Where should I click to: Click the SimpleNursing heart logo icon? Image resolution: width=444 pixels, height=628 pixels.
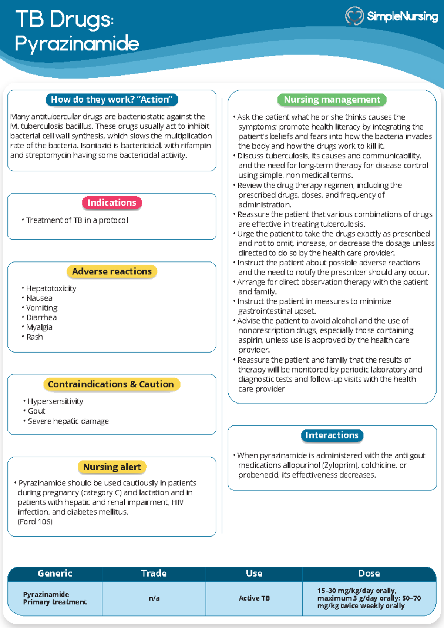[x=354, y=16]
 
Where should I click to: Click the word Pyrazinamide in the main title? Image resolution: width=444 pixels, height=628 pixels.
[x=77, y=44]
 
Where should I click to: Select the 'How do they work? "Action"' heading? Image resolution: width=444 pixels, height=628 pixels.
[x=112, y=100]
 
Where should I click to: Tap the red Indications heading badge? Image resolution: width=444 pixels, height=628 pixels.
[x=112, y=203]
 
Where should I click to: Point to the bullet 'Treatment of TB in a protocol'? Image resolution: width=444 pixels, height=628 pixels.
[x=77, y=220]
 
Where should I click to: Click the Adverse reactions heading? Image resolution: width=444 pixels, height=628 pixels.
[x=112, y=271]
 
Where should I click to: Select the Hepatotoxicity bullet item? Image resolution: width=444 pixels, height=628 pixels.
[x=51, y=288]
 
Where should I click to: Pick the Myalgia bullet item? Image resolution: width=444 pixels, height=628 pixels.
[x=39, y=327]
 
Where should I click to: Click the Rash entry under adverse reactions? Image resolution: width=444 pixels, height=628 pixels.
[x=34, y=337]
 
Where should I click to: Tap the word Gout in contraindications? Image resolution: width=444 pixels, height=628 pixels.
[x=36, y=411]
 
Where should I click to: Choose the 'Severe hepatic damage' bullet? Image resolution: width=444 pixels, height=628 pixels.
[x=68, y=421]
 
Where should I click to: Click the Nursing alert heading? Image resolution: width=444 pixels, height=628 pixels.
[x=112, y=467]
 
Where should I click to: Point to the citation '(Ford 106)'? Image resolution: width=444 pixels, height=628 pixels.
[x=35, y=522]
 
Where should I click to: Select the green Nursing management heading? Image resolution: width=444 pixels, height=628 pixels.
[x=332, y=100]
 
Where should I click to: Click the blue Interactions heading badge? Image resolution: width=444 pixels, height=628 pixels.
[x=332, y=435]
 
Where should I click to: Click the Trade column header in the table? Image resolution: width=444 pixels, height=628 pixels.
[x=154, y=573]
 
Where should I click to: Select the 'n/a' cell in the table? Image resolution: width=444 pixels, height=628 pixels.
[x=154, y=598]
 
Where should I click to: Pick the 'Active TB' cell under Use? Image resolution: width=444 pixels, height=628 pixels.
[x=254, y=598]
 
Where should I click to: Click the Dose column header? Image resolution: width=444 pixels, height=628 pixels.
[x=369, y=573]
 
